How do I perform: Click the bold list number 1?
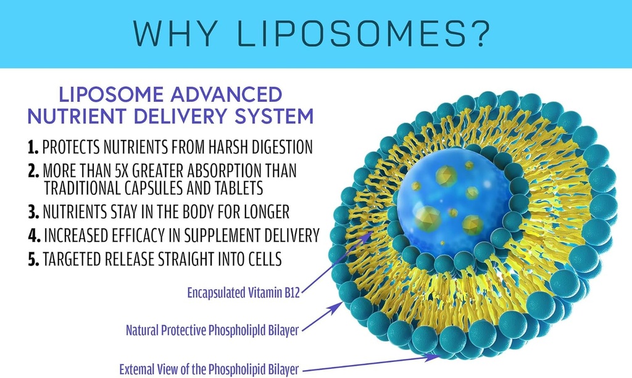(x=33, y=148)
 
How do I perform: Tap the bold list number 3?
(x=33, y=212)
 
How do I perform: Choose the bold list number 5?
(x=33, y=260)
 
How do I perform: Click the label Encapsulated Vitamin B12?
(x=243, y=293)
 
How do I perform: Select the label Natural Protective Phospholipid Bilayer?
(x=212, y=331)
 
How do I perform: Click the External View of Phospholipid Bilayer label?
(x=209, y=370)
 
